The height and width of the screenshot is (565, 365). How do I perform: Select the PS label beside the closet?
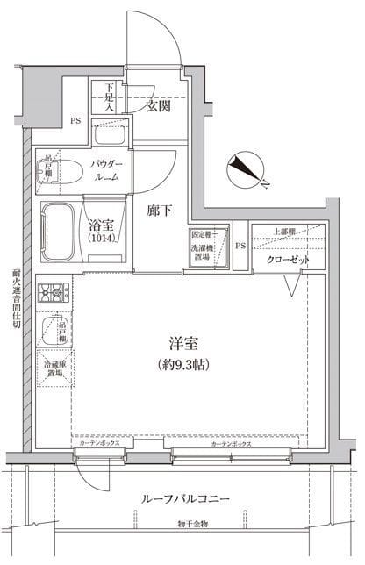coord(239,245)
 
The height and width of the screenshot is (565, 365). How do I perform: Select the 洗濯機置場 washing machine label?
coord(203,247)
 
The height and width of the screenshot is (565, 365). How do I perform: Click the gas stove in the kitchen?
coord(54,290)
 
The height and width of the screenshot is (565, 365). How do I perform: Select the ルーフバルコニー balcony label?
coord(185,497)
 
